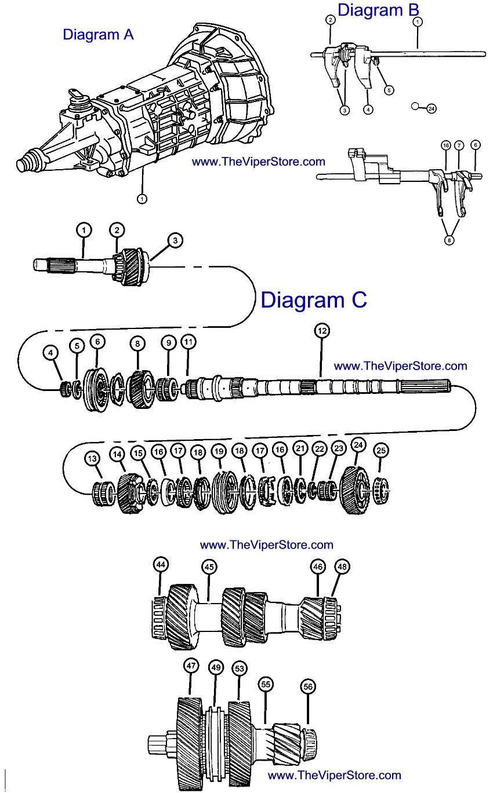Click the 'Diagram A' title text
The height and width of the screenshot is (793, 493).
pos(98,35)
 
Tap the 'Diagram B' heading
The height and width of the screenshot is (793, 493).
pos(378,10)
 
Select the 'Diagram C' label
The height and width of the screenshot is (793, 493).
pos(313,299)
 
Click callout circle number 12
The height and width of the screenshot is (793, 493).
pos(322,331)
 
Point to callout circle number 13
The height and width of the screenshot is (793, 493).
pos(92,459)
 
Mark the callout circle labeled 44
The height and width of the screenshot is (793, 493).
pos(161,564)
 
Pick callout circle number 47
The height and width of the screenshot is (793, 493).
pos(191,666)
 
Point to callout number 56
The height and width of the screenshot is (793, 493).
pos(308,686)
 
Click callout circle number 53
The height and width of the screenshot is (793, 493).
pos(239,668)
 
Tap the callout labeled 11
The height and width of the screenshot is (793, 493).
pos(188,342)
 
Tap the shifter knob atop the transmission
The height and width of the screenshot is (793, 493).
pos(76,96)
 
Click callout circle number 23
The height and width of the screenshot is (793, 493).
pos(339,448)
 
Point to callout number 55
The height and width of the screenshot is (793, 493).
pos(266,684)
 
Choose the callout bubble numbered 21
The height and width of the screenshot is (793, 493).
pos(300,448)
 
